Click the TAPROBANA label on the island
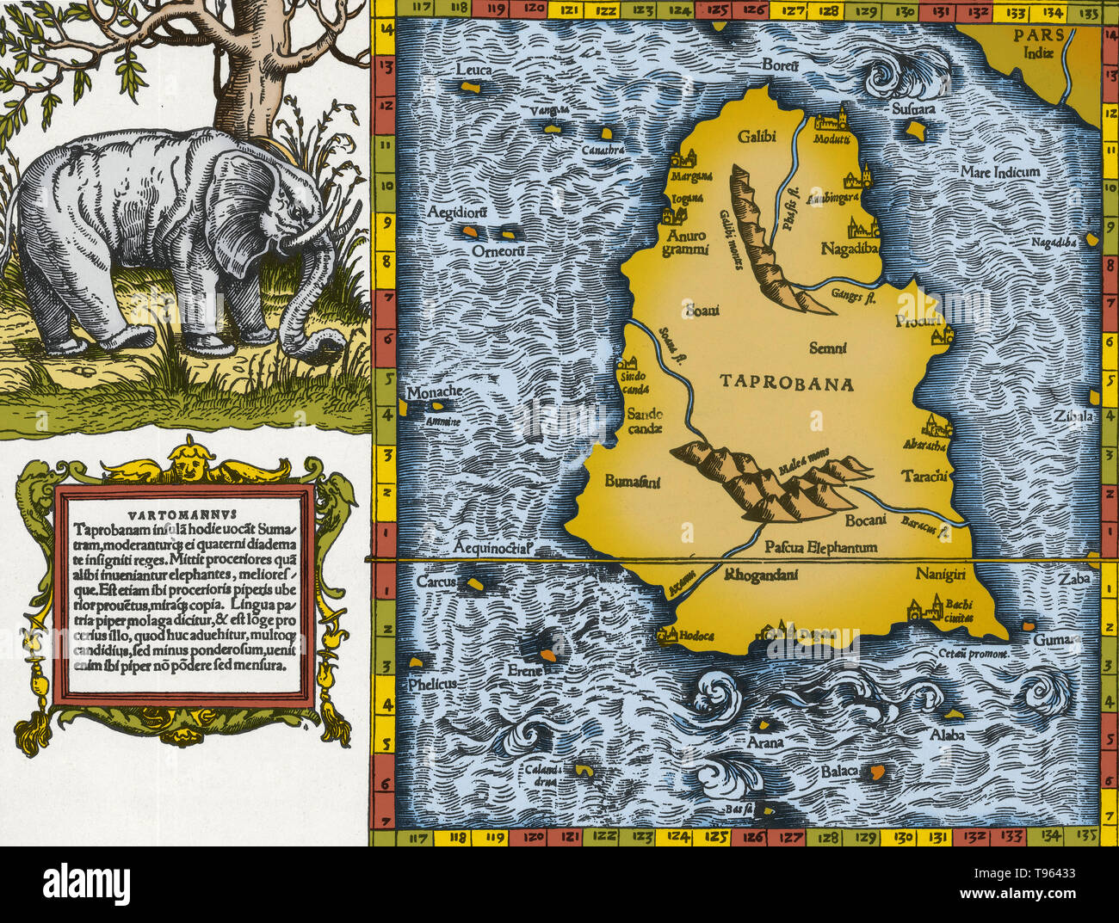click(787, 384)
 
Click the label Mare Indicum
click(999, 171)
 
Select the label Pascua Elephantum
click(820, 546)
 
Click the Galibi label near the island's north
click(757, 136)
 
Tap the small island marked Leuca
click(470, 87)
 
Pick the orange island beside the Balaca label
click(877, 772)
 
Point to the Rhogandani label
click(762, 575)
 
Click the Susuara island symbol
click(915, 130)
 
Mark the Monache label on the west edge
click(434, 392)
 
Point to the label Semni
click(828, 348)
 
